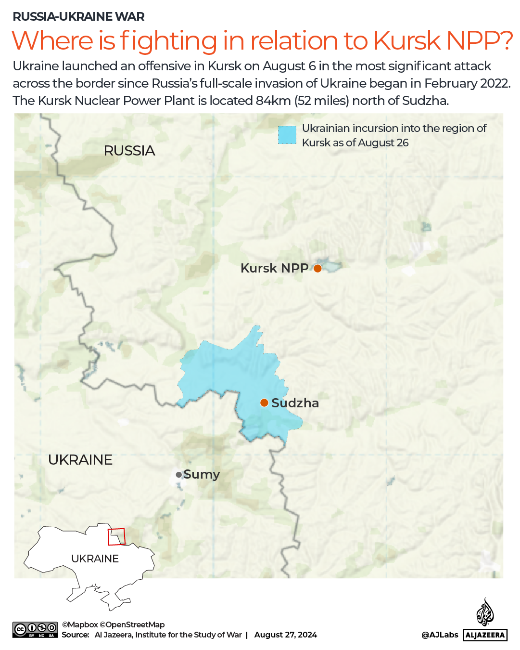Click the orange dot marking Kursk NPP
(317, 268)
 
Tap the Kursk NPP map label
(274, 268)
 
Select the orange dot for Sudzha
(264, 403)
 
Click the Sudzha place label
(295, 403)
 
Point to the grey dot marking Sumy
(179, 475)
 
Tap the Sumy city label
(202, 474)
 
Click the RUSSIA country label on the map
(129, 151)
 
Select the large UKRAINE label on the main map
(80, 460)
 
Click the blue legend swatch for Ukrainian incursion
(287, 135)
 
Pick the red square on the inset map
(116, 536)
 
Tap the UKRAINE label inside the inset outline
(95, 559)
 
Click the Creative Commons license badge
(35, 630)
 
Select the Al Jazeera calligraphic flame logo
(485, 612)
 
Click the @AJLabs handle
(440, 635)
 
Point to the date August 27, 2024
(286, 635)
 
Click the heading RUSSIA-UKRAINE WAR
(78, 16)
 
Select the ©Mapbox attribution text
(80, 624)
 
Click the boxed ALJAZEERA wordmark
(485, 635)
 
